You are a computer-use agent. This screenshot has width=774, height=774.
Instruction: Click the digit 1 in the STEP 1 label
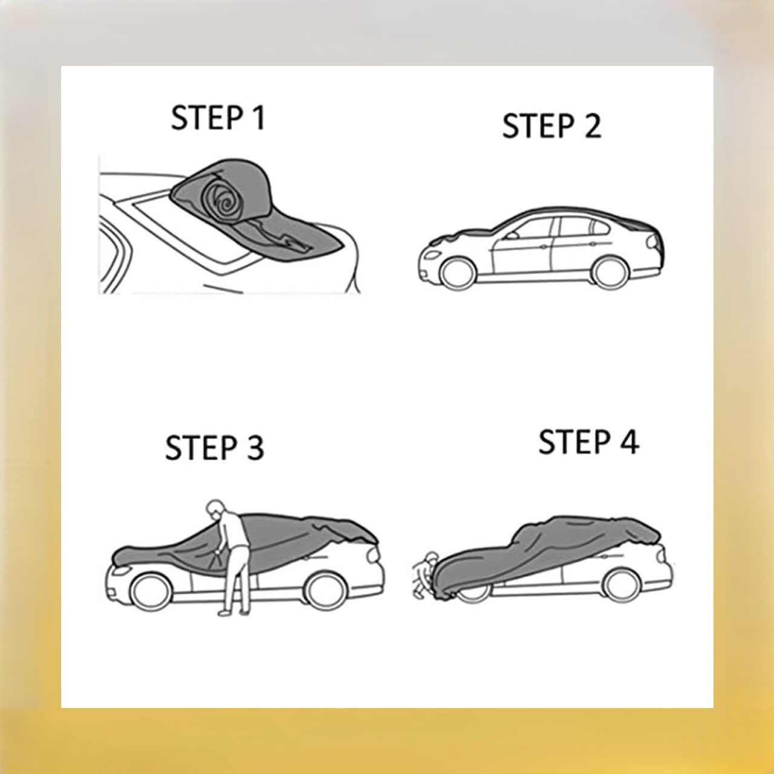259,117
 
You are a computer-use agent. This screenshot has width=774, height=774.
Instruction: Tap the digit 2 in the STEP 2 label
592,126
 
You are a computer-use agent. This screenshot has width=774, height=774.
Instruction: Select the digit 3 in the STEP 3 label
255,447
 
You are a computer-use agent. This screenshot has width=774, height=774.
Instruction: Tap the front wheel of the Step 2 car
458,273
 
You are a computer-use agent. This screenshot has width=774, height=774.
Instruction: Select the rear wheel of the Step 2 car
610,273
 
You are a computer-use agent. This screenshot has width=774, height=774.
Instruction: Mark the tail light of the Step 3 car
374,554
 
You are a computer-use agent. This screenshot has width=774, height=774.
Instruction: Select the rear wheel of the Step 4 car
622,585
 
